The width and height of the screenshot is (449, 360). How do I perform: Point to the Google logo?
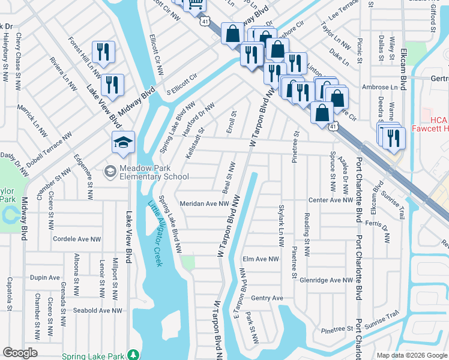tap(20, 353)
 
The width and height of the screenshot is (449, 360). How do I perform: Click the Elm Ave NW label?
tap(261, 259)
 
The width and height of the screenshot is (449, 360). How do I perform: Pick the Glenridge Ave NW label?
tap(327, 280)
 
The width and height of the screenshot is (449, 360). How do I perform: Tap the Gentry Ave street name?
tap(267, 298)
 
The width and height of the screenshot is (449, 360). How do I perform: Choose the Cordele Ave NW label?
tap(77, 239)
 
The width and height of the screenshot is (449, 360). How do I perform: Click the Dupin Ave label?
tap(45, 278)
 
